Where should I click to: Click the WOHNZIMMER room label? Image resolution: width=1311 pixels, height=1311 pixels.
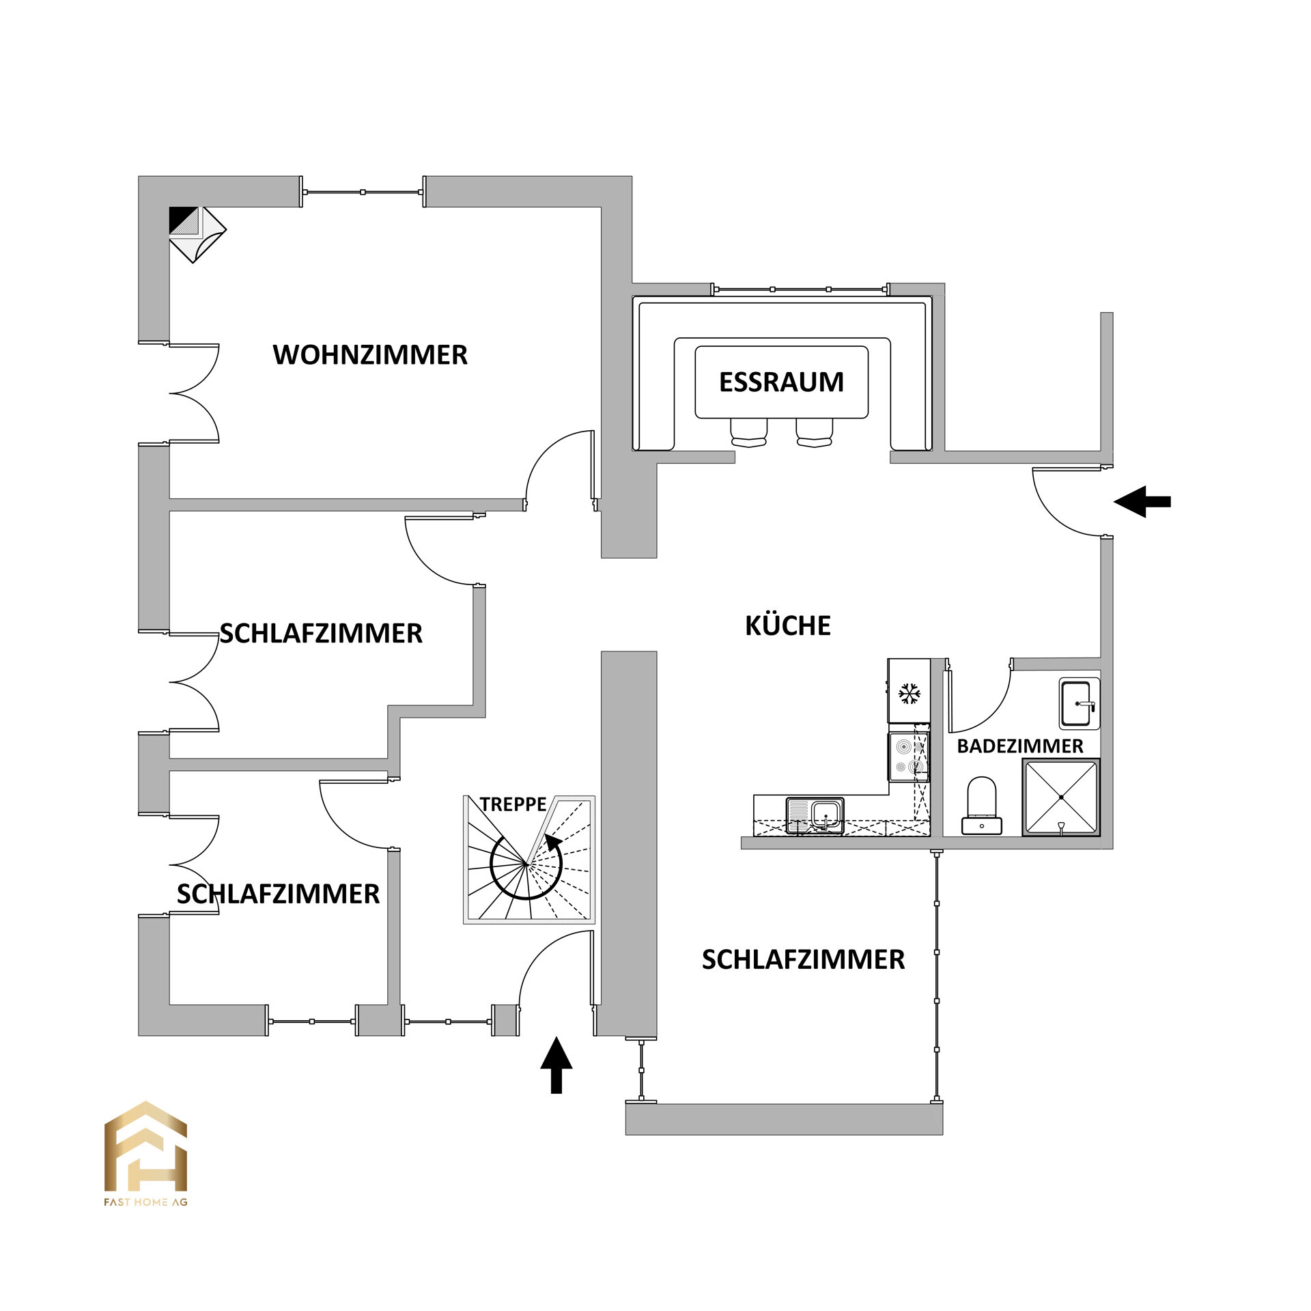[x=370, y=355]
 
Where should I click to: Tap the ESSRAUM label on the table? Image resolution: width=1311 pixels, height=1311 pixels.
[x=781, y=382]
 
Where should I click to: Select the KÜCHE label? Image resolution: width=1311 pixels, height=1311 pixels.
[x=787, y=625]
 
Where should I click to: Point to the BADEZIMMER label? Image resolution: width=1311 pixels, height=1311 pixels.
[x=1019, y=746]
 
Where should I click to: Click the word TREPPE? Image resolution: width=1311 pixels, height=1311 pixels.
[x=512, y=804]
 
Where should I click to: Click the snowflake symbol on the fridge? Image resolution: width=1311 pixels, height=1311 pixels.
[x=908, y=694]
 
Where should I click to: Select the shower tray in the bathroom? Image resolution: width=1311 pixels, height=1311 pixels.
[x=1060, y=798]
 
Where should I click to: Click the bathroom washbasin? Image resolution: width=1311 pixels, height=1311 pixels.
[x=1078, y=703]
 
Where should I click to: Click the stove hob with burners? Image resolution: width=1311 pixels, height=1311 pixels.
[x=908, y=757]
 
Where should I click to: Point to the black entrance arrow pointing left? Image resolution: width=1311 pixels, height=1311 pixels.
[x=1142, y=502]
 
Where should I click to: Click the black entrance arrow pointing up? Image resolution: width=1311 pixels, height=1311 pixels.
[x=556, y=1065]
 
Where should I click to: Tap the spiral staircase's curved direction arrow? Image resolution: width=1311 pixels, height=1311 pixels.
[x=539, y=874]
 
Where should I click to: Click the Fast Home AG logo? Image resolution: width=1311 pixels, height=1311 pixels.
[x=145, y=1154]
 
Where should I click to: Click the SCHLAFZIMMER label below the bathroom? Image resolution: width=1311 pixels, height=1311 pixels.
[x=803, y=960]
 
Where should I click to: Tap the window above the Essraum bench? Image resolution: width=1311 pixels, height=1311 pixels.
[x=800, y=290]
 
